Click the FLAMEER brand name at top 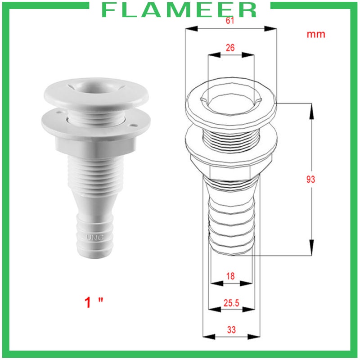click(x=180, y=10)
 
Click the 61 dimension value click(x=229, y=21)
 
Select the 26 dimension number click(x=230, y=48)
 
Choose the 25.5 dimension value click(x=230, y=303)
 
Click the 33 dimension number click(x=231, y=329)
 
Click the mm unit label click(x=315, y=34)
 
